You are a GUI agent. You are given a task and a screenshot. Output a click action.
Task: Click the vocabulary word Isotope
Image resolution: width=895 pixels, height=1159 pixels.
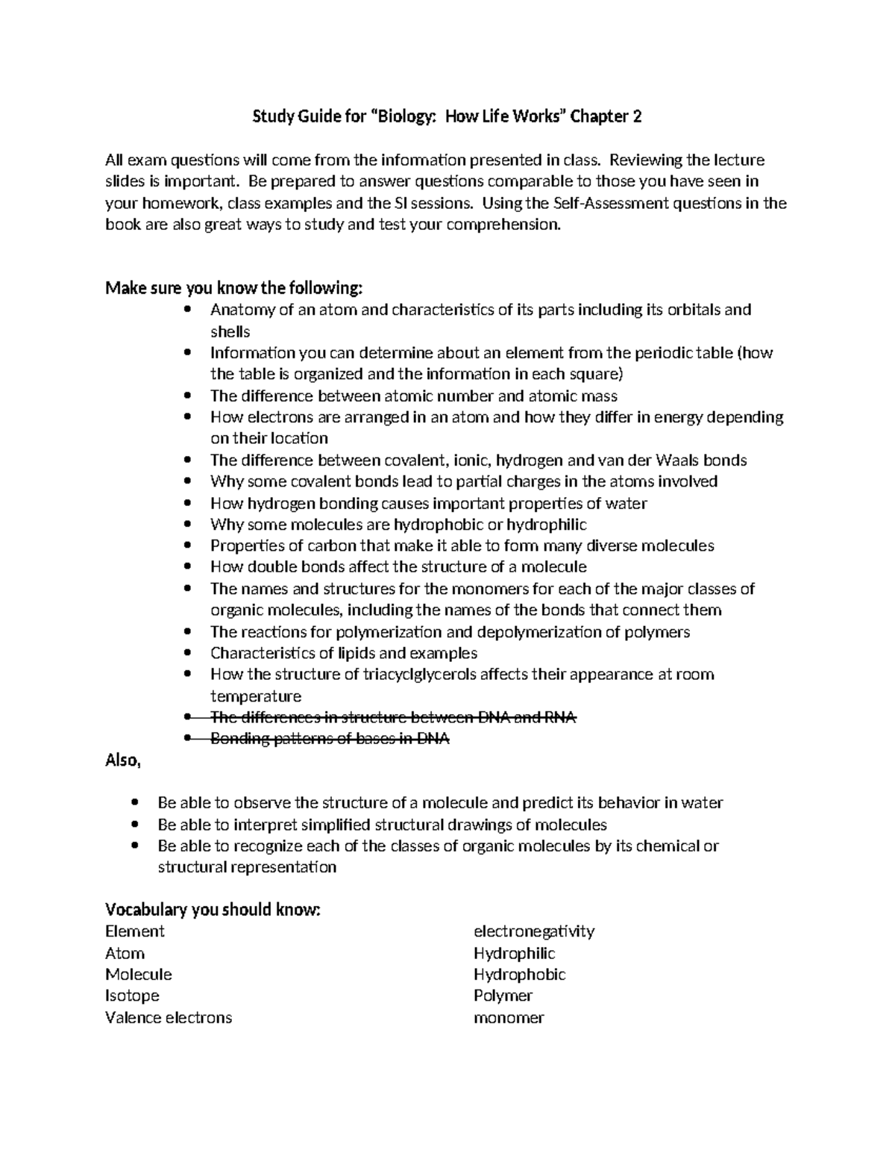(x=132, y=996)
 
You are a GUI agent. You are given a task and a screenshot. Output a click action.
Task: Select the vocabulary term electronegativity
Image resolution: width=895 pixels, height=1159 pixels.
(x=533, y=931)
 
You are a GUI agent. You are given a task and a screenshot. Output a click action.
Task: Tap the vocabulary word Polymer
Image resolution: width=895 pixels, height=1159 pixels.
(x=503, y=996)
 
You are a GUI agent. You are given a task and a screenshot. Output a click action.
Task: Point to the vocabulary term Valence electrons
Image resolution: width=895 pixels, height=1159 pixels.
(x=169, y=1017)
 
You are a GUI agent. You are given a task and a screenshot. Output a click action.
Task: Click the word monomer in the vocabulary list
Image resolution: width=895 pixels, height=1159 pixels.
(x=509, y=1017)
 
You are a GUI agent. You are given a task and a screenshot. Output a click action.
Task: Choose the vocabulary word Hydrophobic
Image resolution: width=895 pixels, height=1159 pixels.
(x=519, y=974)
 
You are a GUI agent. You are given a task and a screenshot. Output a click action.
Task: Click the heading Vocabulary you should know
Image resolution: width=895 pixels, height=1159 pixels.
(x=213, y=910)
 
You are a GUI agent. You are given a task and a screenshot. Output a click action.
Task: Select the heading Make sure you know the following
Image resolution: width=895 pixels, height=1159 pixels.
(x=234, y=288)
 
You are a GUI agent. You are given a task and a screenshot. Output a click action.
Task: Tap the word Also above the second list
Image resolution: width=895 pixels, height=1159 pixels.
(x=122, y=760)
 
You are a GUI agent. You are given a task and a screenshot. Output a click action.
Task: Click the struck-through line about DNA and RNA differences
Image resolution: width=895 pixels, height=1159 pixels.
(x=393, y=717)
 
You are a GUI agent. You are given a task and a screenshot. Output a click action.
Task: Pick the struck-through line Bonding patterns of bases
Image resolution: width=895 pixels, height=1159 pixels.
(x=330, y=739)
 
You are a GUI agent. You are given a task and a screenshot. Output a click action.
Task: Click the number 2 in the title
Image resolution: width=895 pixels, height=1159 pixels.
(x=637, y=116)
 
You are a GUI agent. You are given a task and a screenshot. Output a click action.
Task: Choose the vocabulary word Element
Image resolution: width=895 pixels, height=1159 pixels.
(x=134, y=931)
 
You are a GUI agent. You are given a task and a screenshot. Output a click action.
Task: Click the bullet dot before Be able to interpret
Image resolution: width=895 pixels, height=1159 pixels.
(x=135, y=825)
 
